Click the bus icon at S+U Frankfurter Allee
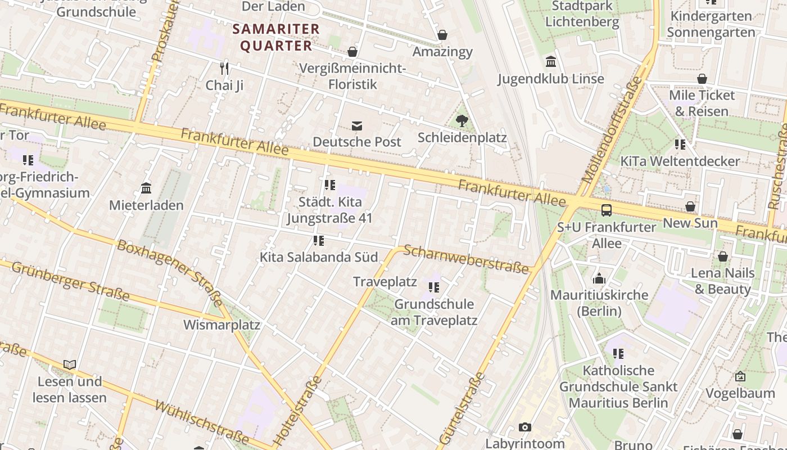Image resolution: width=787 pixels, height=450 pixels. [x=606, y=210]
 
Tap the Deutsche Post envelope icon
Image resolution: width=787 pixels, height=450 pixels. [x=357, y=125]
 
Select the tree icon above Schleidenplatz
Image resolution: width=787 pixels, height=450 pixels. [x=462, y=120]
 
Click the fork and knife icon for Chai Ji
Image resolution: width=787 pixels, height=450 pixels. [x=224, y=69]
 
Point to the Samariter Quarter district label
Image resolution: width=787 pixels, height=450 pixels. [x=276, y=37]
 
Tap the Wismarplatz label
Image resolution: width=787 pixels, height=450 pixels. [x=221, y=325]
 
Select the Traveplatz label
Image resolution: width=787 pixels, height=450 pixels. [x=385, y=282]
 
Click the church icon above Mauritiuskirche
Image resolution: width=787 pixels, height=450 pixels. [x=599, y=278]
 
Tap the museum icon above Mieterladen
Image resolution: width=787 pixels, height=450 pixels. [x=146, y=188]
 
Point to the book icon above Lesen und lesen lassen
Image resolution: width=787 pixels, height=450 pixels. [x=70, y=365]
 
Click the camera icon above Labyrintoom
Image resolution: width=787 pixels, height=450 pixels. [x=524, y=427]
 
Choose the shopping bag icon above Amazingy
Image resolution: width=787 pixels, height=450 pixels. [x=442, y=35]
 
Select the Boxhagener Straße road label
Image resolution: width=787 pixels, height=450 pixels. [x=169, y=271]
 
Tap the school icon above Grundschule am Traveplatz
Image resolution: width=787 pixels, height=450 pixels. [x=433, y=287]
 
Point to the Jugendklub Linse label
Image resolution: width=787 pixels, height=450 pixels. [x=550, y=79]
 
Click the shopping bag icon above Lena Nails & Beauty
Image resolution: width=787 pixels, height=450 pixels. [x=722, y=257]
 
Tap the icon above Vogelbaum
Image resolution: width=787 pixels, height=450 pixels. [x=740, y=376]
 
